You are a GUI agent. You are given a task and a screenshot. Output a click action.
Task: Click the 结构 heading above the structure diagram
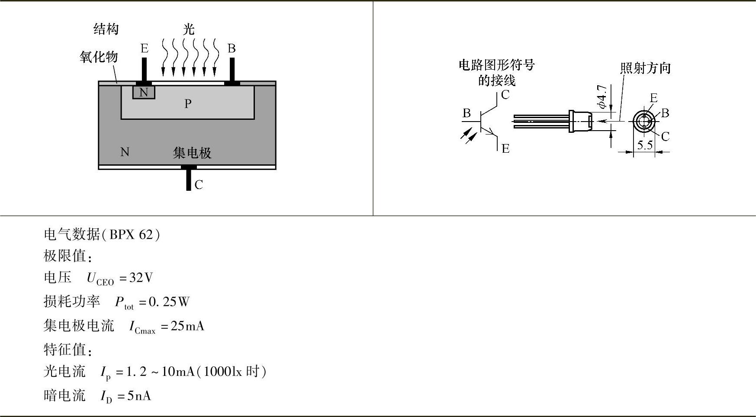click(x=106, y=29)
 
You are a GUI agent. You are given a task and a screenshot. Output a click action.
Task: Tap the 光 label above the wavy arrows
click(x=189, y=29)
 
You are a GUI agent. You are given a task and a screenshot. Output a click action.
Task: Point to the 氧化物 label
click(x=99, y=57)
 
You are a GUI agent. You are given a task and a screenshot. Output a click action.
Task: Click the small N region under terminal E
click(x=144, y=92)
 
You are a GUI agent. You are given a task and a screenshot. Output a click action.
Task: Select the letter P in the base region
click(x=188, y=104)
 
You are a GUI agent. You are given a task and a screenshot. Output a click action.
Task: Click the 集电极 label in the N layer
click(x=192, y=153)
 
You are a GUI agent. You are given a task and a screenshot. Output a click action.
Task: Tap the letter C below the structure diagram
click(x=199, y=185)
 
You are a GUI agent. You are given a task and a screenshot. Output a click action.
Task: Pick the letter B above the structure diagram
click(x=232, y=48)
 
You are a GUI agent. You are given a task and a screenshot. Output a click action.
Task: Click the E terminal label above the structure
click(x=145, y=48)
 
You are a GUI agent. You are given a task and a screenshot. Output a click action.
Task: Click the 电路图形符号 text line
click(x=497, y=65)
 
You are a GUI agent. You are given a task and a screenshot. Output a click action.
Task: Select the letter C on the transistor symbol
click(x=505, y=95)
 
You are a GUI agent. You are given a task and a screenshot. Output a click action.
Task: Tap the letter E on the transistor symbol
click(x=505, y=149)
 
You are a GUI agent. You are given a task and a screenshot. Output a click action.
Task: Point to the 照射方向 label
click(x=645, y=68)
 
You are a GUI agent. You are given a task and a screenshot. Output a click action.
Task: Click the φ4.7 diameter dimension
click(x=602, y=96)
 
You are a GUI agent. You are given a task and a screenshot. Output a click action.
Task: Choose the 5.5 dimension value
click(x=645, y=145)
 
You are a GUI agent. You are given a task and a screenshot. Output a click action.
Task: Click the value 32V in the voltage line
click(x=141, y=278)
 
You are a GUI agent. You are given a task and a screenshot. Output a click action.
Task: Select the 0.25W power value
click(x=169, y=302)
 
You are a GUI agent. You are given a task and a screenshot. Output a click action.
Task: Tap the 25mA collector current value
click(x=187, y=326)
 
